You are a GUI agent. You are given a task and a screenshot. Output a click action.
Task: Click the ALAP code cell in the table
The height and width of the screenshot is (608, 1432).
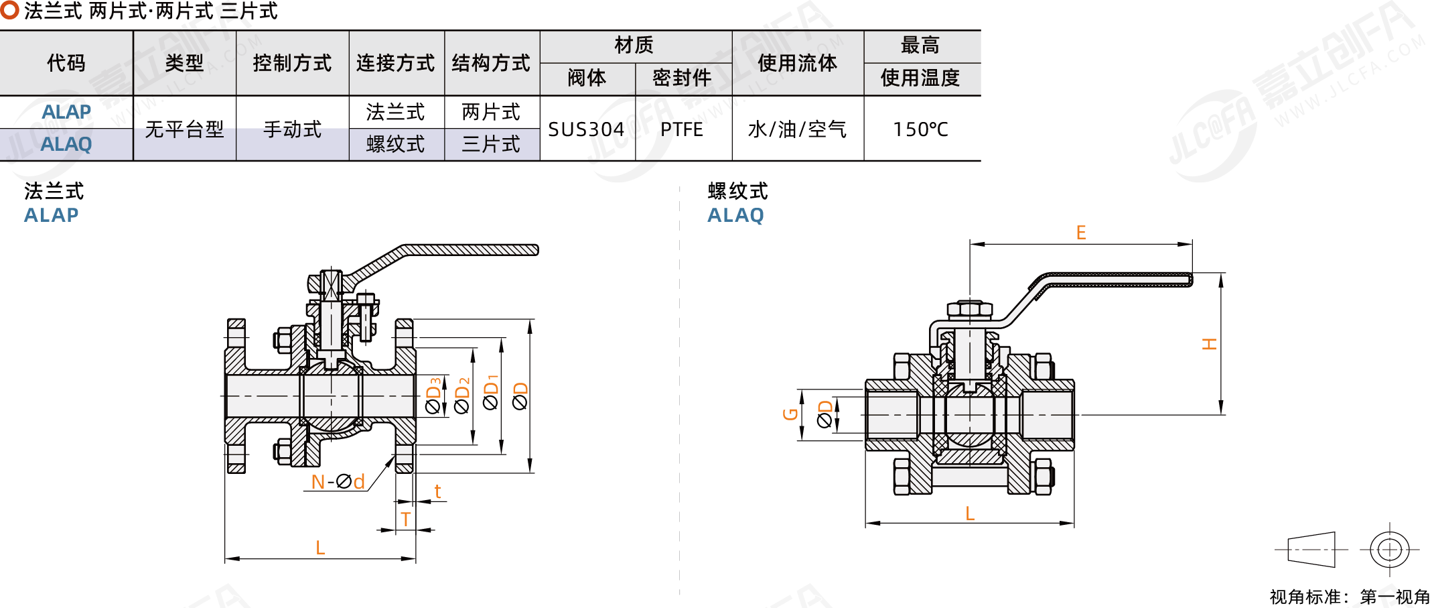point(66,112)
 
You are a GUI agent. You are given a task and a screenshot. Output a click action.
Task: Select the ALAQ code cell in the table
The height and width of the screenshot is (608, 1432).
point(66,144)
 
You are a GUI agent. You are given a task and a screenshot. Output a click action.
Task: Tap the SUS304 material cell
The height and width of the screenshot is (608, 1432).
point(586,129)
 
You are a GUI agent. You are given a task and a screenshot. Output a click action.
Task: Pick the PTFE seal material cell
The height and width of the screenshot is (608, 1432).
point(682,129)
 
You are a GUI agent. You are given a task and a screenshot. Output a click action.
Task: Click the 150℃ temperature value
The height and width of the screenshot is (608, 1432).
point(921,129)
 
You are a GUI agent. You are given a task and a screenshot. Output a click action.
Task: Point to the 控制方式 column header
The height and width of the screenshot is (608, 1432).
point(292,63)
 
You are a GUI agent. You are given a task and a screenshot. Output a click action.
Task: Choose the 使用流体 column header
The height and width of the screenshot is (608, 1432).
point(797,63)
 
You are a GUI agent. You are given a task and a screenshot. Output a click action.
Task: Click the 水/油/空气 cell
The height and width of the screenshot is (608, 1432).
point(797,129)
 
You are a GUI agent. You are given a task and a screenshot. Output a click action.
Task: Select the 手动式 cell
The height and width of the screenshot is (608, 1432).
point(292,129)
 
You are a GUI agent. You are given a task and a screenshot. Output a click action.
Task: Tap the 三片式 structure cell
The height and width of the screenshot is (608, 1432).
point(491,144)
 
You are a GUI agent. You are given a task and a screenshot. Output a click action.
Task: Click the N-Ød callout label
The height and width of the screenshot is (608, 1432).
point(338,481)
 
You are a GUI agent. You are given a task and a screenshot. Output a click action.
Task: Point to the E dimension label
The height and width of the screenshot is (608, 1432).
point(1081,233)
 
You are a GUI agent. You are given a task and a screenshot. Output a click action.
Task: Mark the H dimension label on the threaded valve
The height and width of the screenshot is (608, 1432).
point(1209,344)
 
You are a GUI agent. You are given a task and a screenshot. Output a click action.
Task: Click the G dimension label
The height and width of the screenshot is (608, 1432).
point(790,414)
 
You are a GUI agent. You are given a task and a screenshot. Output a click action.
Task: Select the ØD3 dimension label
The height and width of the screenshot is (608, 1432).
point(433,396)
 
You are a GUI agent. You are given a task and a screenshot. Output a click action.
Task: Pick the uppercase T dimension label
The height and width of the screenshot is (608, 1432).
point(405,519)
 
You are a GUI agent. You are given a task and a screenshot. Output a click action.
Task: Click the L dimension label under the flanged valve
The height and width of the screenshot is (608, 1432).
point(320,548)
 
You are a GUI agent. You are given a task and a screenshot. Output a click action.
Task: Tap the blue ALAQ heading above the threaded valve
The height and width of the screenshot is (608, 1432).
point(735,215)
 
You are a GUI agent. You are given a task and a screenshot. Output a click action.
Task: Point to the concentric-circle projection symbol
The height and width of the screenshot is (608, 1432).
point(1390,550)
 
